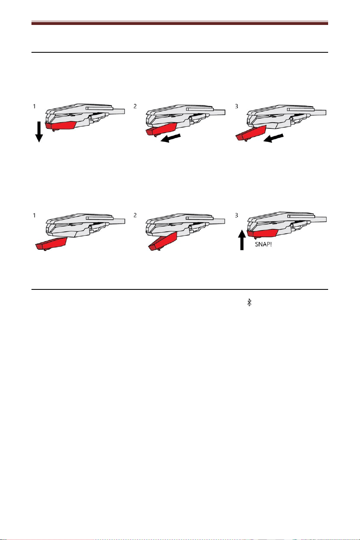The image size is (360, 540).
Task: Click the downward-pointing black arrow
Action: [x=39, y=132]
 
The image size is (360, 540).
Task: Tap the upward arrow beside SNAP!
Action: [x=242, y=240]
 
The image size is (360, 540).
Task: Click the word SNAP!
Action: [x=264, y=244]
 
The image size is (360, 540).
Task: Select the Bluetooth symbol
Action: [x=249, y=302]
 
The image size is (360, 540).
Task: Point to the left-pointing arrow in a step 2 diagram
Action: [x=170, y=138]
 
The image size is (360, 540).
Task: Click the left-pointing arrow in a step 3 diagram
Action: [x=273, y=138]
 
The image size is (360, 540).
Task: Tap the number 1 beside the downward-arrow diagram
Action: [x=34, y=106]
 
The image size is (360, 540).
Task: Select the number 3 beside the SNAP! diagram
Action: [x=237, y=215]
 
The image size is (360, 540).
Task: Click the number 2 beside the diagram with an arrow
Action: [x=135, y=106]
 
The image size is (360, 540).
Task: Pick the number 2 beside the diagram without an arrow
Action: [x=135, y=215]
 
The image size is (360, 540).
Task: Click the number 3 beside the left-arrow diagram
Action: [x=237, y=106]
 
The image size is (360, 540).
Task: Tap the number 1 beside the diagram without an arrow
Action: [x=34, y=215]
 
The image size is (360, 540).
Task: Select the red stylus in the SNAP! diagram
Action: [x=262, y=233]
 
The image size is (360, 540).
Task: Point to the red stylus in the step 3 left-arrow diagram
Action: [x=250, y=133]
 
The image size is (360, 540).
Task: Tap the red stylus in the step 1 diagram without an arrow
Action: [x=51, y=244]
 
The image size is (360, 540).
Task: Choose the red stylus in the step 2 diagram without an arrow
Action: [x=163, y=242]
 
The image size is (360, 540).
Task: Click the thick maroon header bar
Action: [x=180, y=23]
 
